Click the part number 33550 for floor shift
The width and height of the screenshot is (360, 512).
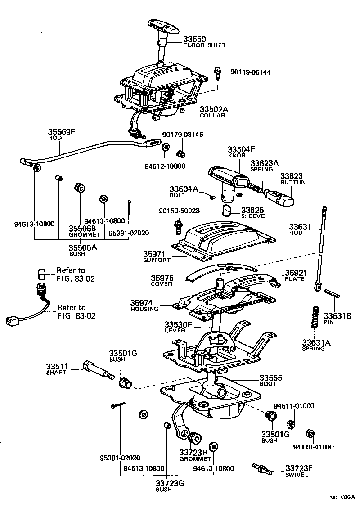tap(196, 39)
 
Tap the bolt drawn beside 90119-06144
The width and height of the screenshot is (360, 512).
tap(218, 72)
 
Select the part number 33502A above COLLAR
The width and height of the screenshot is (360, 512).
tap(214, 109)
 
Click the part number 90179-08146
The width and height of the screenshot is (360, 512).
tap(183, 135)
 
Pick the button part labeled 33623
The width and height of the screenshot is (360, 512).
tap(279, 196)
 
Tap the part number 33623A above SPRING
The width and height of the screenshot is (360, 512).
tap(265, 163)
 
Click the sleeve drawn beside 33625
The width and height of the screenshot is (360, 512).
tap(227, 210)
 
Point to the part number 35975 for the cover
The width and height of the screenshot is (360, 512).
tap(162, 278)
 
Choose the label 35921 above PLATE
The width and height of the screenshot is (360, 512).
tap(295, 273)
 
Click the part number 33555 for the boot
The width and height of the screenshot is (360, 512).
tap(270, 378)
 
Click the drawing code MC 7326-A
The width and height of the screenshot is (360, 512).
tap(342, 497)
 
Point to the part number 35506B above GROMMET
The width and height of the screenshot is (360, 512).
tap(81, 228)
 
